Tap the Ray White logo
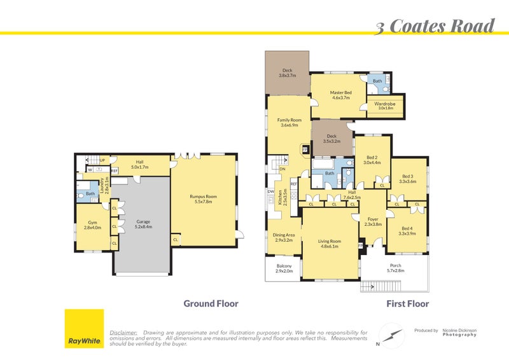tap(83, 328)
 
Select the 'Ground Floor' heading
tap(211, 303)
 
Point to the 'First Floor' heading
tap(407, 304)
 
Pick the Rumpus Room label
tap(204, 199)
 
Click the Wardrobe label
tap(385, 106)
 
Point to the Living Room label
tap(330, 244)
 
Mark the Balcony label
tap(284, 268)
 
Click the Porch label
tap(396, 268)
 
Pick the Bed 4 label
tap(407, 230)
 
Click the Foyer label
tap(373, 221)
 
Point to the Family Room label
tap(288, 123)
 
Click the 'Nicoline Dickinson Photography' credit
tap(459, 332)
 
